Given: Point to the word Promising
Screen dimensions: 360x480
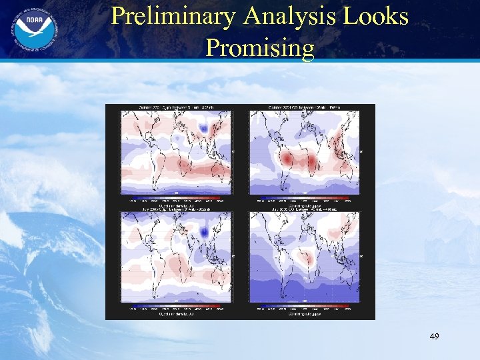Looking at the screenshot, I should coord(260,47).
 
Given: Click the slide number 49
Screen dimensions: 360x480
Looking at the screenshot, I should coord(434,338).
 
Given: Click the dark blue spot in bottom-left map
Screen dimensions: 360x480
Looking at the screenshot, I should coord(204,231).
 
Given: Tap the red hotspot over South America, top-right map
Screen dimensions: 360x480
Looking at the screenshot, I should coord(287,160).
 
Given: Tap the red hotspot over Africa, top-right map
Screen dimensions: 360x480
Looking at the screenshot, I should coord(312,161).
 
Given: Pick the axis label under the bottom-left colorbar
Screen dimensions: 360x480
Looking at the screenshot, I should coord(176,315).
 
